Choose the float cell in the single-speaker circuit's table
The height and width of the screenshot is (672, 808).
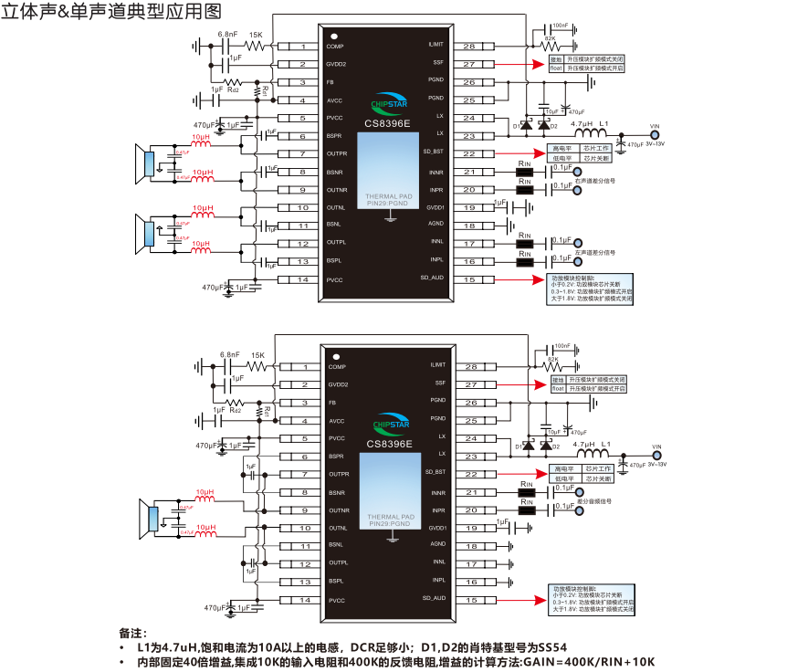coord(556,389)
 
